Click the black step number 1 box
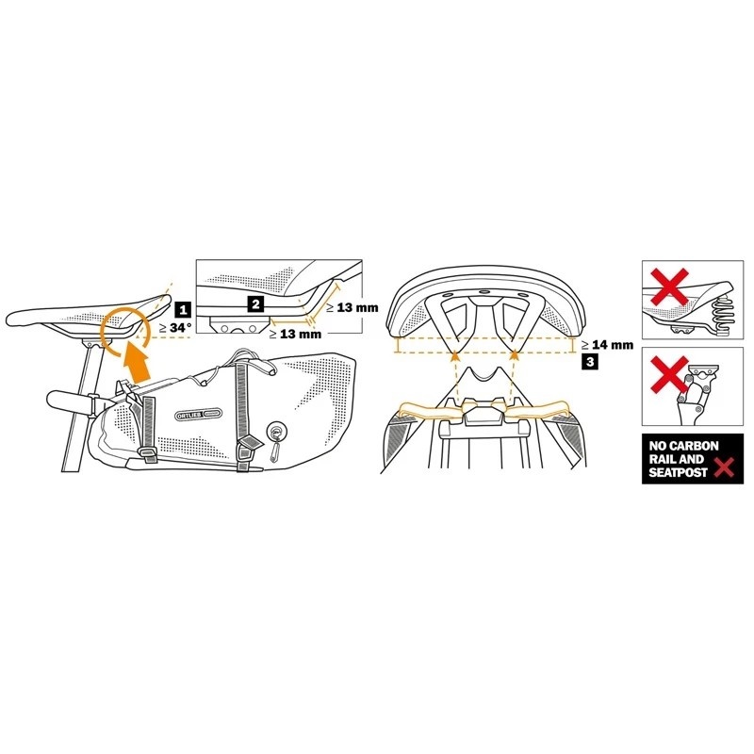pyautogui.click(x=182, y=306)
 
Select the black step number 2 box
pyautogui.click(x=254, y=303)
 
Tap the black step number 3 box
pyautogui.click(x=590, y=361)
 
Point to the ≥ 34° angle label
pyautogui.click(x=176, y=328)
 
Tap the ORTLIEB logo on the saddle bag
pyautogui.click(x=196, y=413)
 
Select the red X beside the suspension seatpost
pyautogui.click(x=666, y=383)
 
